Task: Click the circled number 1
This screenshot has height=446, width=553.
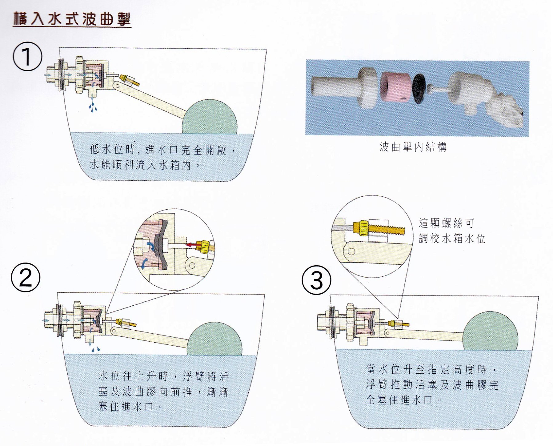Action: point(27,57)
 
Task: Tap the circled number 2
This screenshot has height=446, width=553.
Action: point(26,277)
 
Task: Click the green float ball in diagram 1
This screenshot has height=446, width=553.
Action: point(210,117)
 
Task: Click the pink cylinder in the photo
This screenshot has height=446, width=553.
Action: point(395,87)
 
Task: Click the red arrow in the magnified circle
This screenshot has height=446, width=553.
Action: point(193,245)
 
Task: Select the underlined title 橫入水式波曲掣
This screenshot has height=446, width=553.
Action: point(72,19)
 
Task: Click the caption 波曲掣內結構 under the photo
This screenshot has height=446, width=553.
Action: point(413,147)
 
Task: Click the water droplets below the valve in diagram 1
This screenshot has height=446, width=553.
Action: point(93,105)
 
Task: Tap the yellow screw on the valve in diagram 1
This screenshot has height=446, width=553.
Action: point(130,80)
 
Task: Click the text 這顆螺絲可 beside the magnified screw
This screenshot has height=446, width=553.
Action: point(446,223)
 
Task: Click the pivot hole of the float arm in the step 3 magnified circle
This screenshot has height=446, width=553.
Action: point(351,251)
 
